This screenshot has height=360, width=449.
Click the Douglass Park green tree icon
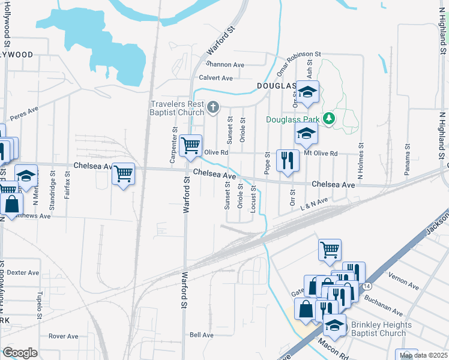coord(328,119)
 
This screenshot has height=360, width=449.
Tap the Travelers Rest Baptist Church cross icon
coord(212,108)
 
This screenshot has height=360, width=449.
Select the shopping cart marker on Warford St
coord(190,145)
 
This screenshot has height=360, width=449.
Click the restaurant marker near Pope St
coord(288,160)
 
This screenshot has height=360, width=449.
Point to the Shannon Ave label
coord(225,64)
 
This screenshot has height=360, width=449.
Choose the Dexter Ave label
coord(23,272)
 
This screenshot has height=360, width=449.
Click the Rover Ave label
coord(64,336)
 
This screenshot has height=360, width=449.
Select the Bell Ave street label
coord(202,335)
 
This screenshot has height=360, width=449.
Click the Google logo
coord(20,353)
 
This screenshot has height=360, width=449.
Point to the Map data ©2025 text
coord(424,355)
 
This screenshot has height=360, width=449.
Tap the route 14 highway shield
coord(366,289)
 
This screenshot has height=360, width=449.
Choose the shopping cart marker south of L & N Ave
coord(330,249)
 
